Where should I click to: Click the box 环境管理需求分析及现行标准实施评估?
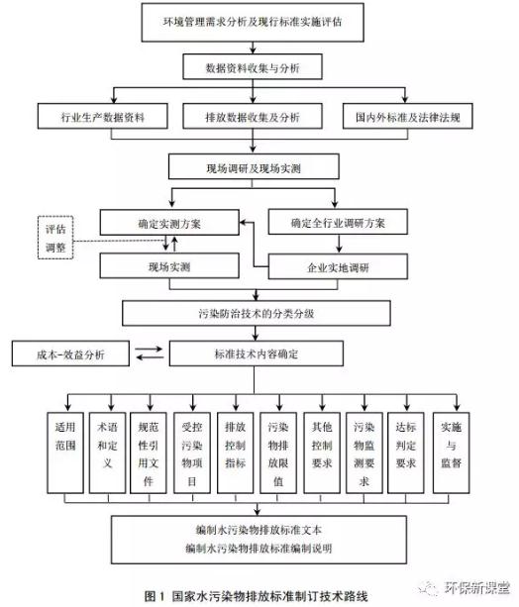253,22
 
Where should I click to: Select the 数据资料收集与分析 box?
253,67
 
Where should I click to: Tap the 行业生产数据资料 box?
103,116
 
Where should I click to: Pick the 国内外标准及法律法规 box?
407,116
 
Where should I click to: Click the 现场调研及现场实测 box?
254,166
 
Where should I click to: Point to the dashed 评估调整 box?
55,238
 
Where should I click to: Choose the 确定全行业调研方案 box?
338,222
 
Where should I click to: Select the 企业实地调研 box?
338,266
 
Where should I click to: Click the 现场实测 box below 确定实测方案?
169,266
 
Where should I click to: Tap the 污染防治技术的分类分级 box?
256,313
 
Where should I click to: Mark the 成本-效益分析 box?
70,354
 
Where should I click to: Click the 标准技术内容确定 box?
256,354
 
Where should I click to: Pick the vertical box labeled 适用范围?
65,453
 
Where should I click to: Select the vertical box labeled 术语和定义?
107,453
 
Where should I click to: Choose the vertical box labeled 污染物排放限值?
278,453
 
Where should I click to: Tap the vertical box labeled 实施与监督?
452,453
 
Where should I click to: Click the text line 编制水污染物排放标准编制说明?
259,549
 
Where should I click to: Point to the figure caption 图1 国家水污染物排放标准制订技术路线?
256,596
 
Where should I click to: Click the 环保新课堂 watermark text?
476,587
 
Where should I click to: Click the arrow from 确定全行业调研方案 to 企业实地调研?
339,244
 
